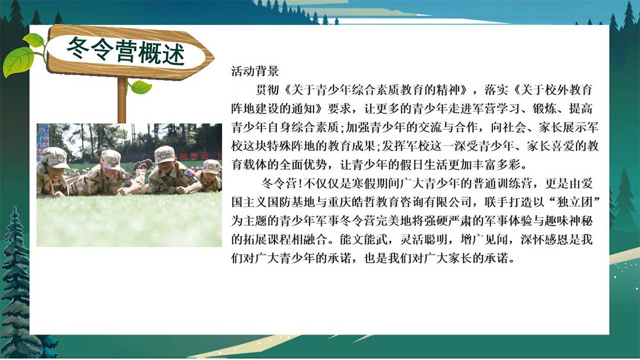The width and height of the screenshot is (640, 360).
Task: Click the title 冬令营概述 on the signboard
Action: [x=126, y=51]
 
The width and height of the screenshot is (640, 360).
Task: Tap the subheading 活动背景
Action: [x=255, y=71]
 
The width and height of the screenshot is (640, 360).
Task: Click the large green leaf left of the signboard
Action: [x=19, y=61]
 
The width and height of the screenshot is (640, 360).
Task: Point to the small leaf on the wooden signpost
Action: [x=140, y=87]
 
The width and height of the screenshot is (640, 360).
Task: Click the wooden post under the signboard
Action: [x=122, y=100]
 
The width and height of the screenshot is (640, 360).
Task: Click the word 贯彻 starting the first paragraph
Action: [x=268, y=90]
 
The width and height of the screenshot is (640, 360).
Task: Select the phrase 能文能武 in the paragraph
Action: [x=364, y=240]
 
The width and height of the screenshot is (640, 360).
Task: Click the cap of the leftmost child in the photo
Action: [x=56, y=157]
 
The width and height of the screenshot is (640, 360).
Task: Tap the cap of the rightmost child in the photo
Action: [x=211, y=166]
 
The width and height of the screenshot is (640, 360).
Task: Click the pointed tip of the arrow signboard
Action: [x=214, y=57]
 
